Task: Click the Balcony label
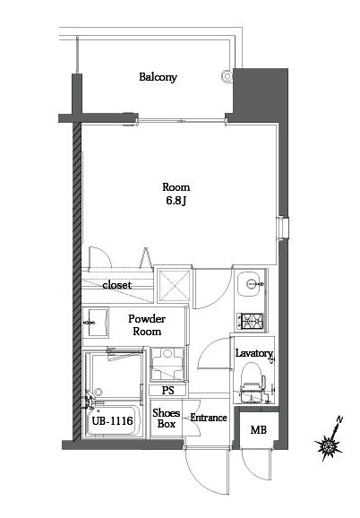point(158,77)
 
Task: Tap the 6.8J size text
point(175,200)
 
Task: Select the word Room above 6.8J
point(175,186)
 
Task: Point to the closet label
point(116,285)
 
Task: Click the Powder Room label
point(145,324)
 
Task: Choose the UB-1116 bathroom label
point(113,419)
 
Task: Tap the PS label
point(167,390)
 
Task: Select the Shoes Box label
point(167,419)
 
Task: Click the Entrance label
point(209,418)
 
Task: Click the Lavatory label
point(253,353)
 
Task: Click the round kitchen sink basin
point(253,284)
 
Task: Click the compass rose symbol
point(330,445)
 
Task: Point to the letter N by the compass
point(341,420)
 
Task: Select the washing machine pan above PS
point(167,365)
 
